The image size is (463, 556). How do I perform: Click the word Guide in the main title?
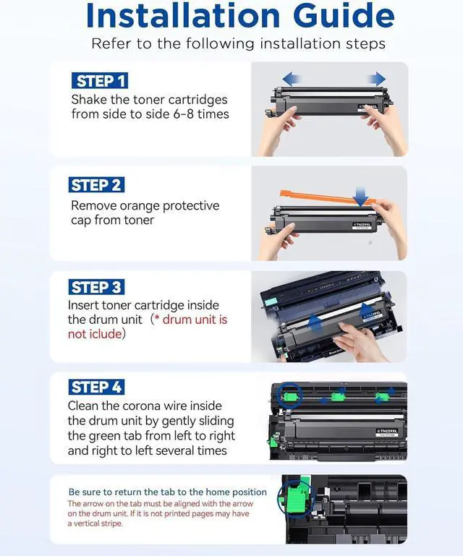(x=337, y=17)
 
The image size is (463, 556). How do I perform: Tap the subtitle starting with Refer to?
(x=238, y=44)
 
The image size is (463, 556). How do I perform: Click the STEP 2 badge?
(x=97, y=185)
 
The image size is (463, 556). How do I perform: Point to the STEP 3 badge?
(x=97, y=287)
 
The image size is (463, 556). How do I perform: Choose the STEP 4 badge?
(x=97, y=387)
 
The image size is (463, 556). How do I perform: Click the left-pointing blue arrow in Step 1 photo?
(x=290, y=79)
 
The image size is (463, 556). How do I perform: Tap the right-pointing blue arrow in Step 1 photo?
(x=376, y=79)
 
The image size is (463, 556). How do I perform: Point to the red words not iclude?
(x=97, y=334)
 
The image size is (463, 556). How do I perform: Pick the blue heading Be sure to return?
(x=168, y=492)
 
